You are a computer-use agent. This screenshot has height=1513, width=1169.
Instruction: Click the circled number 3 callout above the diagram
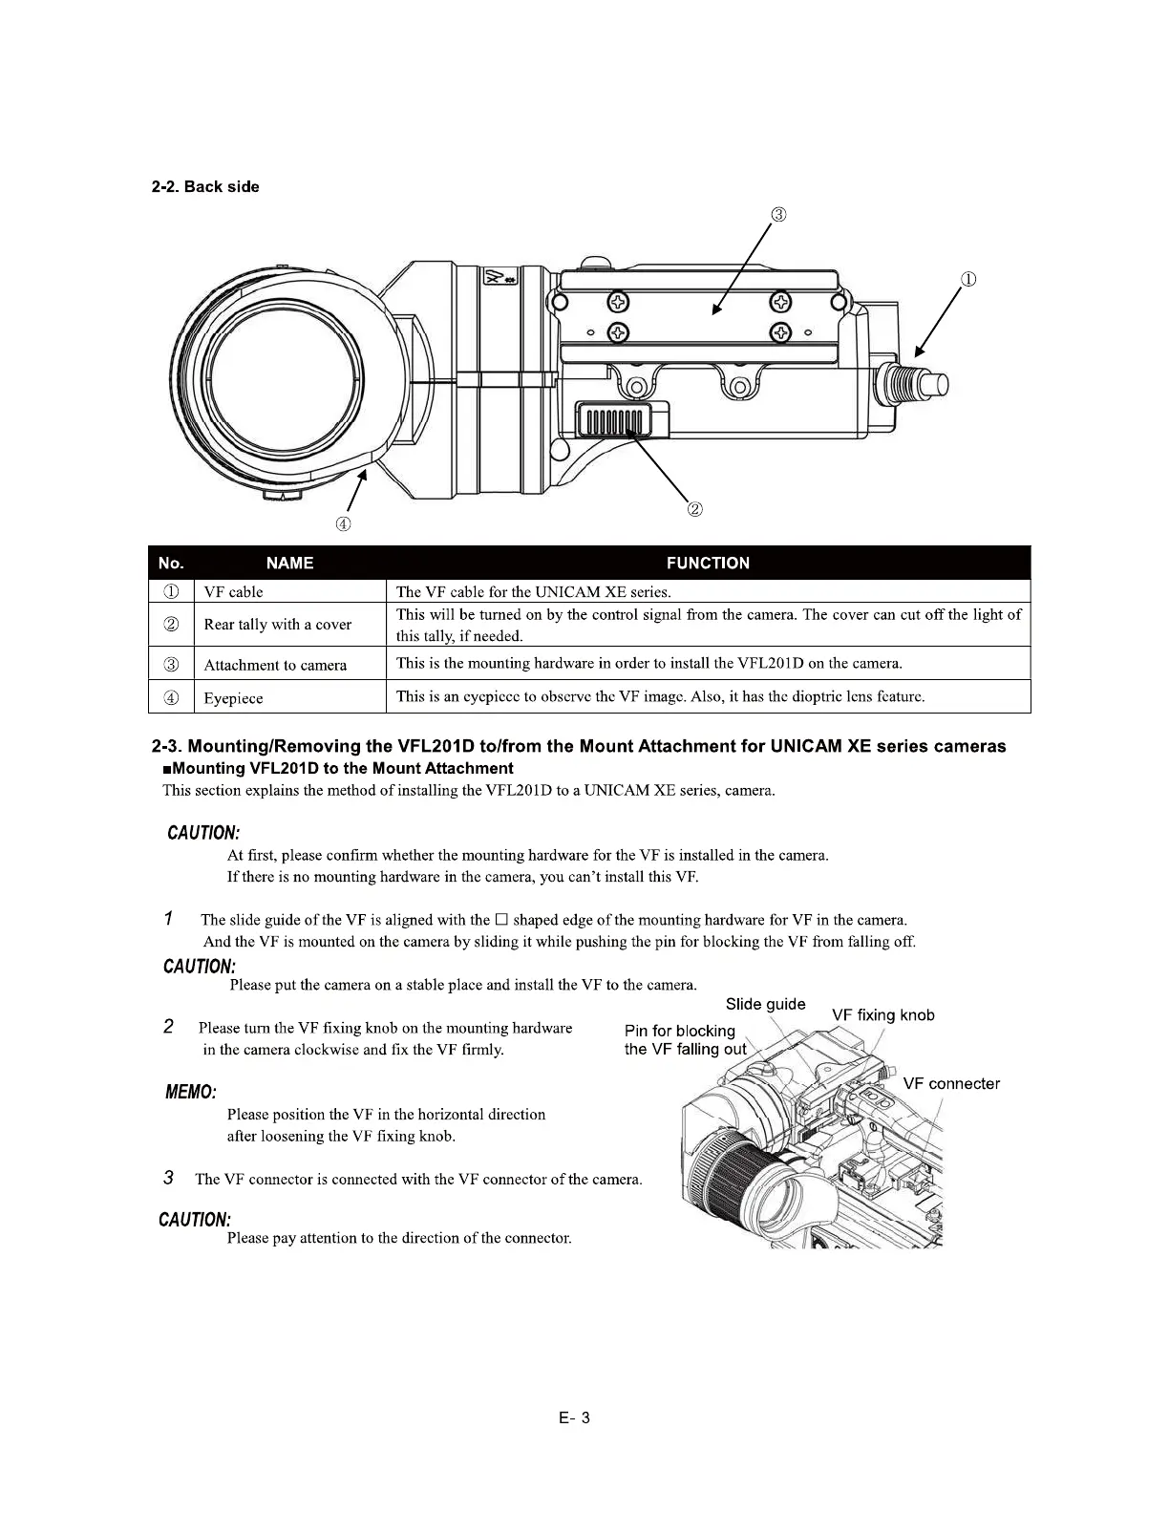click(779, 214)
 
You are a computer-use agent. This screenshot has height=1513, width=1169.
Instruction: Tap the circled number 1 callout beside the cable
click(967, 280)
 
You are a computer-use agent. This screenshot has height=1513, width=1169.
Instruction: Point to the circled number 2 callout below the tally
click(696, 509)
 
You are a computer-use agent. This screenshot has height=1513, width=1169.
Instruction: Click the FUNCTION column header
click(708, 563)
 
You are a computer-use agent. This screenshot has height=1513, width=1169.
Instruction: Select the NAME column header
click(289, 563)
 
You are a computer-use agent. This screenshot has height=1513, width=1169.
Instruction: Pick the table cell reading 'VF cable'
click(233, 592)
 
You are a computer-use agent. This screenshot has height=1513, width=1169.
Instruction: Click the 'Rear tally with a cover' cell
click(277, 625)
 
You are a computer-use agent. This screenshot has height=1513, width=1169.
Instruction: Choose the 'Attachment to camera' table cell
click(275, 665)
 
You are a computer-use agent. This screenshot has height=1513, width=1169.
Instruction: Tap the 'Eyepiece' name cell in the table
click(233, 698)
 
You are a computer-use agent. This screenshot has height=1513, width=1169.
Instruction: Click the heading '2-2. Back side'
click(205, 186)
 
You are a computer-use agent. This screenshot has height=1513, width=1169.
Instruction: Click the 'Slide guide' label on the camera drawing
click(765, 1004)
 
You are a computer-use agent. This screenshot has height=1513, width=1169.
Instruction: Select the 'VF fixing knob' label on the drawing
click(882, 1015)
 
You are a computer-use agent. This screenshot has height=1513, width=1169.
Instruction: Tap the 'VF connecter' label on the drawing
click(951, 1083)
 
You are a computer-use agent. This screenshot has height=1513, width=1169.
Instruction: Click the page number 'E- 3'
click(575, 1417)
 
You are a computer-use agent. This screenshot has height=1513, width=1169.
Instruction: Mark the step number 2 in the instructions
click(168, 1027)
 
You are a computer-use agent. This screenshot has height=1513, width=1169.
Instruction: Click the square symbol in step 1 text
click(500, 920)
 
